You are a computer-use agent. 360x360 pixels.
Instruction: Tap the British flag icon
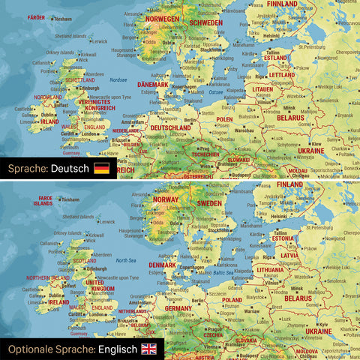click(149, 349)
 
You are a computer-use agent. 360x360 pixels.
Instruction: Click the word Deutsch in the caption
click(70, 168)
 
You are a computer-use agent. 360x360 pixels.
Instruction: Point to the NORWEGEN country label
click(163, 18)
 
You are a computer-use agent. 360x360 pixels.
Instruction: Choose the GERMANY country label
click(178, 308)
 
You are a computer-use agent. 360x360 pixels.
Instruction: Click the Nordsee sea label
click(118, 79)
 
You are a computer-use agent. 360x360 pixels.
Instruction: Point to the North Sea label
click(124, 259)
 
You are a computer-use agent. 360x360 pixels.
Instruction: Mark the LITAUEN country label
click(262, 89)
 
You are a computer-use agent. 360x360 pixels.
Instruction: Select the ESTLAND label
click(276, 57)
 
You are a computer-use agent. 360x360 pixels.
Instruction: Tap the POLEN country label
click(224, 119)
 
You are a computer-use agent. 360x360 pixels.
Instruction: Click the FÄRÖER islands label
click(36, 16)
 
